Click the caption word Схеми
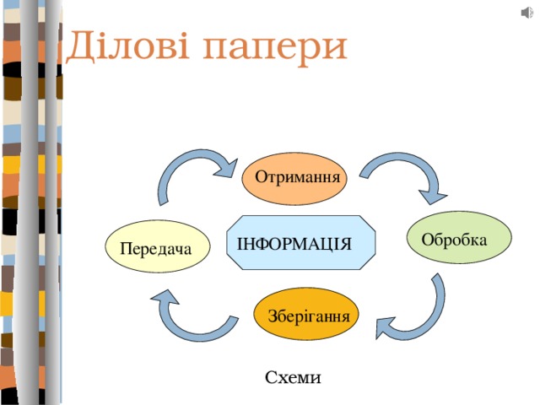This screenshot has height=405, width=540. tap(292, 377)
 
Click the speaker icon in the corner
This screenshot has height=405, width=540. tap(527, 12)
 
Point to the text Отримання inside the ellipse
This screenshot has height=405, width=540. tap(297, 178)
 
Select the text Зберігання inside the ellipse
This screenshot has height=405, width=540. tap(308, 317)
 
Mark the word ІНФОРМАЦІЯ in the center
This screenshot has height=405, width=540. tap(294, 244)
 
